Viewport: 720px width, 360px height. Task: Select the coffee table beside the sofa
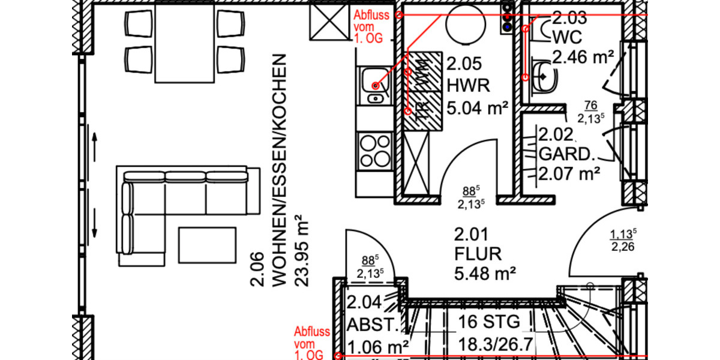point(208,244)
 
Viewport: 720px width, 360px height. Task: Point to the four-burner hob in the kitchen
point(374,150)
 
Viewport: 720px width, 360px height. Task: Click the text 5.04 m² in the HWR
point(478,109)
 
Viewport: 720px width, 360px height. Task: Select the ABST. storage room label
point(373,326)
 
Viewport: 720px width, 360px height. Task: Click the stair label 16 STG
point(489,322)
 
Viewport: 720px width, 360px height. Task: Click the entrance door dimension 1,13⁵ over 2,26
point(623,239)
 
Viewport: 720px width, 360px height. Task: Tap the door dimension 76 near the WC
point(590,112)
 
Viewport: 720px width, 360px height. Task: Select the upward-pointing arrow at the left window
point(95,143)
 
